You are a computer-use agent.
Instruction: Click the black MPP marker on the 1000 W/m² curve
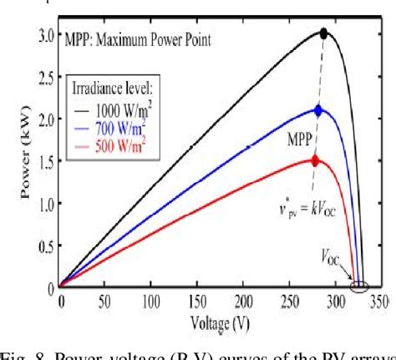point(323,34)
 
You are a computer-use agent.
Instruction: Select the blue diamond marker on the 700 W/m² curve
point(317,109)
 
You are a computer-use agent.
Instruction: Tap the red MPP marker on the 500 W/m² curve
point(314,160)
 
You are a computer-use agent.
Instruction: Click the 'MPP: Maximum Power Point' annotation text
point(139,39)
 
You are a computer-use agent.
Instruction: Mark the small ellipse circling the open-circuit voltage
point(360,288)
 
